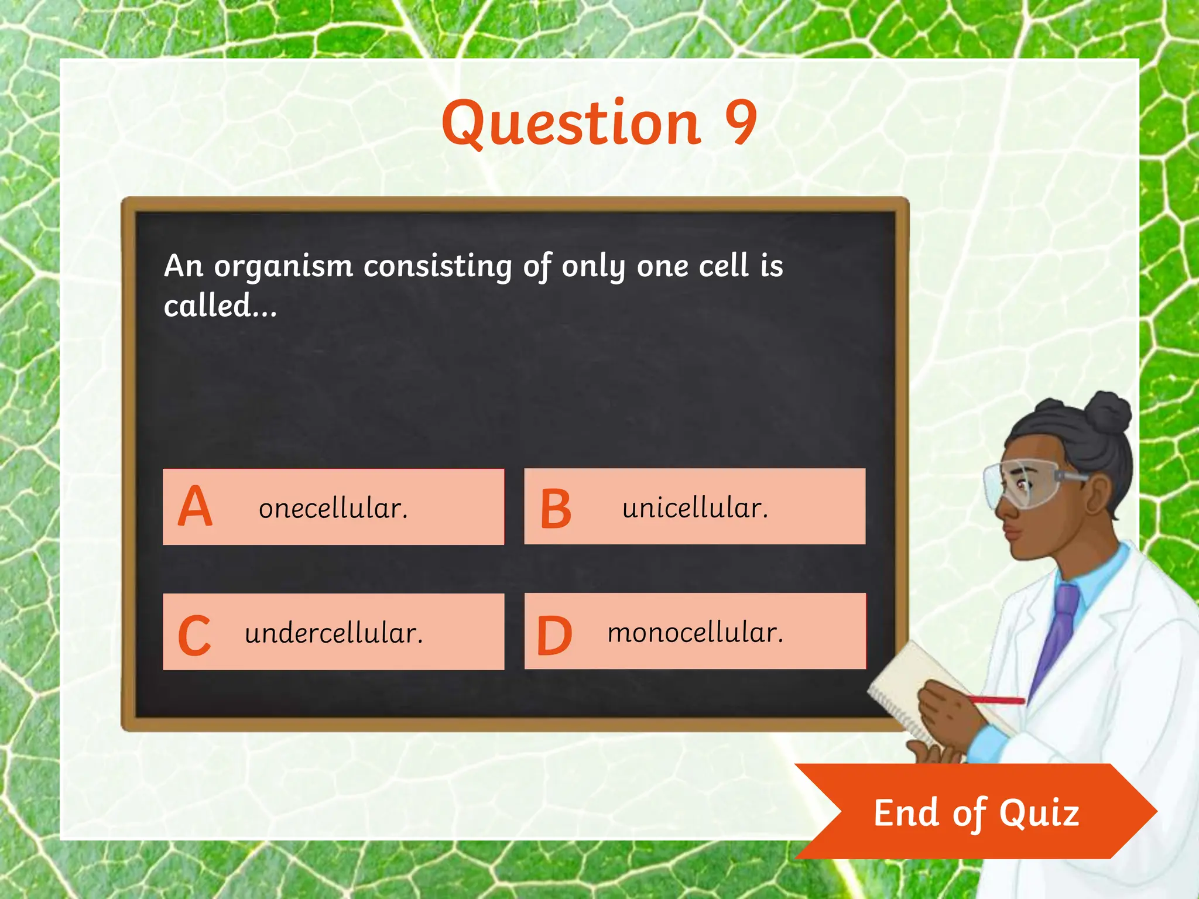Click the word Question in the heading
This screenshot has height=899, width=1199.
[x=571, y=123]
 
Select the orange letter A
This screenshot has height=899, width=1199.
[x=195, y=507]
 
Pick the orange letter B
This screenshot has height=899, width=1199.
[x=556, y=509]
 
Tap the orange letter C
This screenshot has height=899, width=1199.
[x=194, y=635]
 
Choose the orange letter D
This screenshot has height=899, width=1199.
[x=554, y=636]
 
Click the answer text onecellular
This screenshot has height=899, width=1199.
[x=333, y=508]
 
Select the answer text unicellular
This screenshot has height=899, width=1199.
[x=695, y=508]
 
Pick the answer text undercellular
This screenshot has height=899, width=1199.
[x=334, y=633]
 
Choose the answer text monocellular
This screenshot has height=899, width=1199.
[x=696, y=633]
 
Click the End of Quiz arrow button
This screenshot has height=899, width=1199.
[x=976, y=812]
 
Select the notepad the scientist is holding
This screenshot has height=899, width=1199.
[x=913, y=691]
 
